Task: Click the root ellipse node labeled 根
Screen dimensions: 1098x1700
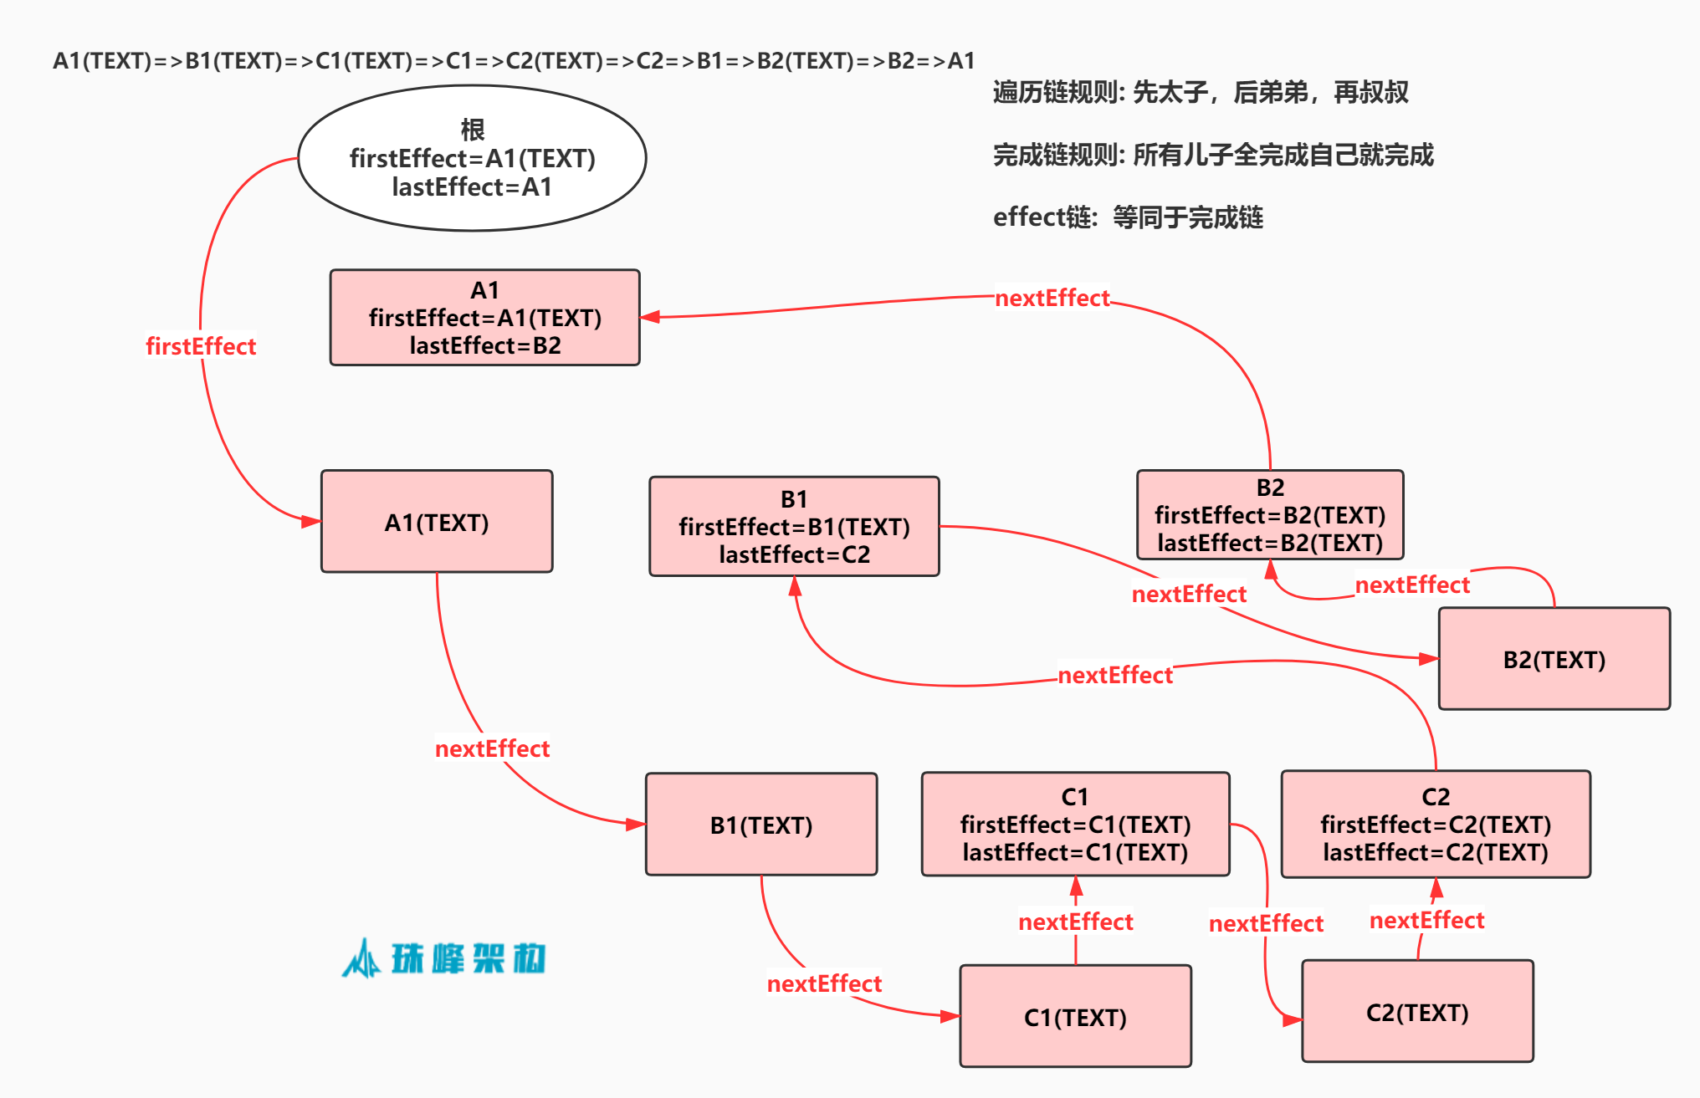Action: click(472, 158)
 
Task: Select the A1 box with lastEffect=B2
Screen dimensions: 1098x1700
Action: click(484, 318)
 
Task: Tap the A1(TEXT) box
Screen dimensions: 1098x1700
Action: click(437, 522)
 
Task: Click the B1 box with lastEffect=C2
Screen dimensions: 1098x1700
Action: click(794, 527)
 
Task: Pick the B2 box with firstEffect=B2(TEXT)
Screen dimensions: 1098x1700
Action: click(1269, 515)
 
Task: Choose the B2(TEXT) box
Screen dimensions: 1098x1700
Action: click(1554, 659)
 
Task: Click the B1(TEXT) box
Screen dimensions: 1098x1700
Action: click(760, 825)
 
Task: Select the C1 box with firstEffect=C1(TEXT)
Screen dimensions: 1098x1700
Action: click(1075, 825)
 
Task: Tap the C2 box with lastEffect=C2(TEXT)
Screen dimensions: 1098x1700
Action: click(1435, 825)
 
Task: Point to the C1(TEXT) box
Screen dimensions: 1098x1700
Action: click(1075, 1017)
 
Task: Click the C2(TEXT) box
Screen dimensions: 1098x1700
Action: click(1417, 1012)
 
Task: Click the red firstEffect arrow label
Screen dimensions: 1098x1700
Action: click(201, 346)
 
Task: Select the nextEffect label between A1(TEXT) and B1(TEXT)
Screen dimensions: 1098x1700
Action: click(492, 748)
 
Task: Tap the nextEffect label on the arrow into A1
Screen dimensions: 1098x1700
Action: click(1052, 298)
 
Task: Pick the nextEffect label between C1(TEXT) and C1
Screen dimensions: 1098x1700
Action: click(1075, 922)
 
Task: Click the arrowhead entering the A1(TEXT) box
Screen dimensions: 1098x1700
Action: click(311, 521)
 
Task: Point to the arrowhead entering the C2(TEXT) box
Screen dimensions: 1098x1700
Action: click(1293, 1019)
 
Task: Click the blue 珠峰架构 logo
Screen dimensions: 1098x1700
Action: click(443, 958)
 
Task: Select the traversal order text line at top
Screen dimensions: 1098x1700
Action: click(514, 61)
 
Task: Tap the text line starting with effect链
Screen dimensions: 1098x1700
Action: click(1127, 217)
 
